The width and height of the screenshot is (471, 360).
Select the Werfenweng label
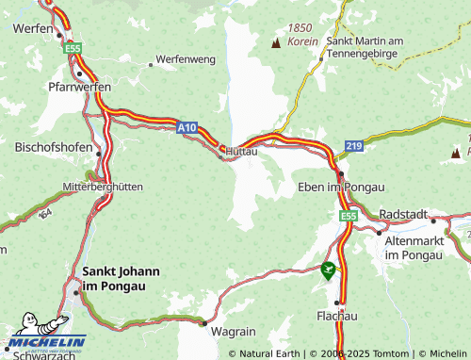pos(185,58)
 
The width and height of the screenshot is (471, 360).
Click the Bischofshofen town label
pos(53,147)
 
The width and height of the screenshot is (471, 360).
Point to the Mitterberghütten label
pos(104,187)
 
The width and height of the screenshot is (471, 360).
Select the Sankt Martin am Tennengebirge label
pos(365,47)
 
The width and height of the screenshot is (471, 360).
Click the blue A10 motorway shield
pos(187,125)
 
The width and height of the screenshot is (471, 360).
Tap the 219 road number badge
pos(353,147)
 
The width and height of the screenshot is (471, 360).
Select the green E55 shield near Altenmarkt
pos(348,217)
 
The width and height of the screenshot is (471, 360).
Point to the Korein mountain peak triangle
pos(276,43)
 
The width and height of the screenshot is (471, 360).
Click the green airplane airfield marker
pos(328,270)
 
